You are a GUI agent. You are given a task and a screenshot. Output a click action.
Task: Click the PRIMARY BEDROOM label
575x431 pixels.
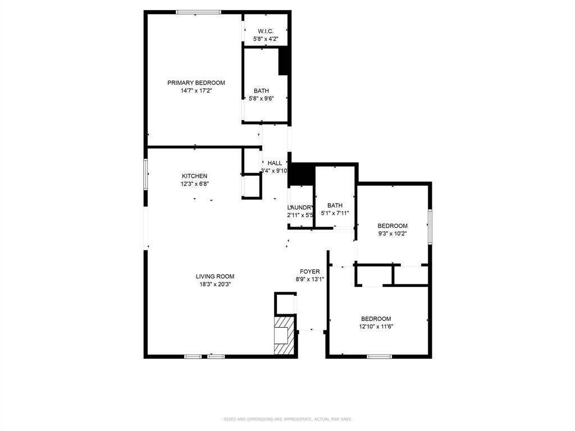coord(196,82)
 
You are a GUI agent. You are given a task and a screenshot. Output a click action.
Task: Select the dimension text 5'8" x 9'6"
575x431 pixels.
coord(261,98)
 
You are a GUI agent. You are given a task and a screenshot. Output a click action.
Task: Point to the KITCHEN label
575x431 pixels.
coord(194,176)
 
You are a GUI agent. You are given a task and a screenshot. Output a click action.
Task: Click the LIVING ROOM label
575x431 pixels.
coord(215,276)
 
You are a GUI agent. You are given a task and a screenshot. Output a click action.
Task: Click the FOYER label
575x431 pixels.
coord(309,272)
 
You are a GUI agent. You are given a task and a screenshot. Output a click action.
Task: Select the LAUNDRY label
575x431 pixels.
coord(300,207)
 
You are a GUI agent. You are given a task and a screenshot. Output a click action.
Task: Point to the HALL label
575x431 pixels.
coord(275,163)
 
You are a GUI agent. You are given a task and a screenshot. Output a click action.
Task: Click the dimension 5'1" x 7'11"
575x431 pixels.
coord(335,213)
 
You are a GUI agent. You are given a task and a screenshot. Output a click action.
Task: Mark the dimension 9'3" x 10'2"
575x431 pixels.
coord(392,233)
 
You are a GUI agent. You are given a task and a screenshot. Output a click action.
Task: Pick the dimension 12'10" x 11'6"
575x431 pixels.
coord(376,326)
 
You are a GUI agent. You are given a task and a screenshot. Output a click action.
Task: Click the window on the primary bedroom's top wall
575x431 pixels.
coord(198,12)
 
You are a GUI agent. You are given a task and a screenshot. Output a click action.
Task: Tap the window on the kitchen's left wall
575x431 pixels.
coord(145,174)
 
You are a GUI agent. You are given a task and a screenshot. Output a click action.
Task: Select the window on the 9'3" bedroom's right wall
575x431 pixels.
coord(430,227)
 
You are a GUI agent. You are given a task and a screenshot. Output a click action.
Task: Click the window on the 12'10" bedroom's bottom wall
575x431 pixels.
coord(380,356)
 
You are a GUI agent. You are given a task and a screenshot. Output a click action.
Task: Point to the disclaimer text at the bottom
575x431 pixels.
coord(287,419)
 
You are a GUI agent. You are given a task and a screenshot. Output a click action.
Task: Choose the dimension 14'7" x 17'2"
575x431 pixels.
coord(196,90)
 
